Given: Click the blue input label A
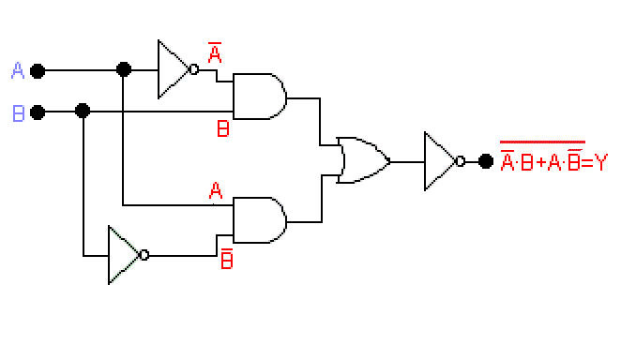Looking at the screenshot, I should (x=18, y=70).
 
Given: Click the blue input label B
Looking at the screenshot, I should (x=18, y=113).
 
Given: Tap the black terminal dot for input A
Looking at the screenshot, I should (x=38, y=70).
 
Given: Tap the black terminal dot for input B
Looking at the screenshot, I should (x=38, y=112).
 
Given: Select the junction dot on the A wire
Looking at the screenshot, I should (x=123, y=70).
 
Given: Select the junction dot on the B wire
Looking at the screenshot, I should (x=83, y=112).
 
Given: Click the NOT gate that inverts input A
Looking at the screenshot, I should (x=174, y=69).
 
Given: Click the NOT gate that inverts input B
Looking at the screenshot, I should (x=124, y=255).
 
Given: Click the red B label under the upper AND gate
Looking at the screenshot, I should (x=222, y=129).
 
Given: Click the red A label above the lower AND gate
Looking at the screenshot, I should (x=216, y=191).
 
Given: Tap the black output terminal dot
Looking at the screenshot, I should (x=485, y=161).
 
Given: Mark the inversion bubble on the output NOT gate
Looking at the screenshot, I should (x=460, y=161).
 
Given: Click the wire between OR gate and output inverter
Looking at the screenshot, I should (x=408, y=161).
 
